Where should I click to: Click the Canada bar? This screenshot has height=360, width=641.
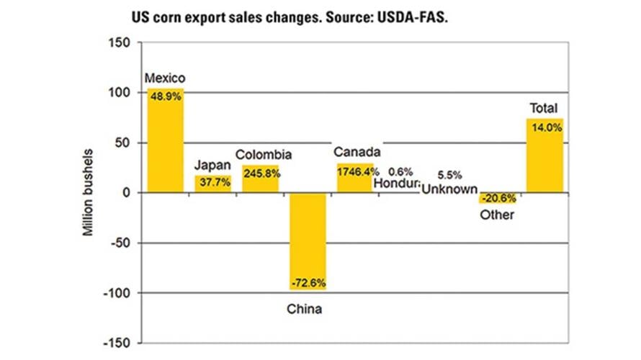coord(355,178)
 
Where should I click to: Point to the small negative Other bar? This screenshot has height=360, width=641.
coord(498,198)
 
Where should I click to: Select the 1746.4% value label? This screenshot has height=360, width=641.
coord(355,172)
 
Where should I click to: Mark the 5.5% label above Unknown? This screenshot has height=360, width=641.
coord(449,175)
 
